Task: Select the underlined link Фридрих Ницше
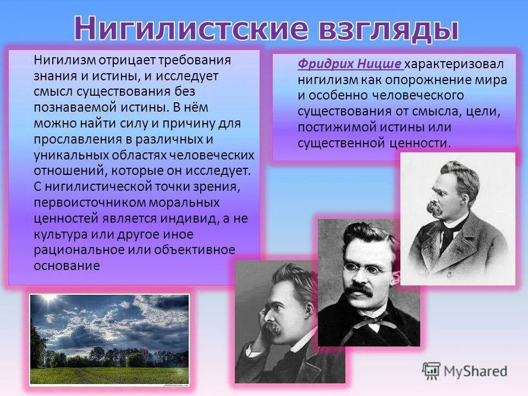pos(350,64)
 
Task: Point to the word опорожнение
pos(414,80)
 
